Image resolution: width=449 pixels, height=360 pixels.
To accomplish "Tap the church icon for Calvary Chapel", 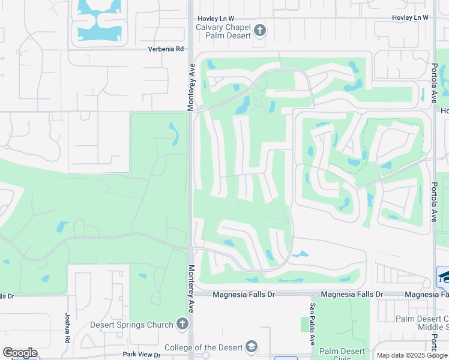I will pos(260,30).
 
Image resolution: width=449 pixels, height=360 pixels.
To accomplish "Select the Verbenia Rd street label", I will pos(166,49).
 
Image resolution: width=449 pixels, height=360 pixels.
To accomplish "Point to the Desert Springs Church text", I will pos(132,325).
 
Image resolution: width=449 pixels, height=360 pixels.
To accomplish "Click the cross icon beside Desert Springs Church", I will pos(183,325).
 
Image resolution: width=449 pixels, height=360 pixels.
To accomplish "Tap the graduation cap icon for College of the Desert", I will pos(252,347).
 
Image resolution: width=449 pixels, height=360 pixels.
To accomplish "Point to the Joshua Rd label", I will pos(67,325).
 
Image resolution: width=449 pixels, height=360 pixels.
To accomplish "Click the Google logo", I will pos(19,353).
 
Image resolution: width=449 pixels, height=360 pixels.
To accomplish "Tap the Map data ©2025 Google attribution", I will pos(411,355).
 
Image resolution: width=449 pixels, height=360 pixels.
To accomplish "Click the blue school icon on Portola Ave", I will pos(443,276).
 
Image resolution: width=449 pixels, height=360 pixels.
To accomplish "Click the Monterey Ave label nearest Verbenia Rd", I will pos(191,87).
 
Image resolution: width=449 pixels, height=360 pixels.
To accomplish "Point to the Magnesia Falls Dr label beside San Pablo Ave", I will pos(352,294).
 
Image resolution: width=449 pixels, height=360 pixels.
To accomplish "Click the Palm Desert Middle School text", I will pos(422,324).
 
